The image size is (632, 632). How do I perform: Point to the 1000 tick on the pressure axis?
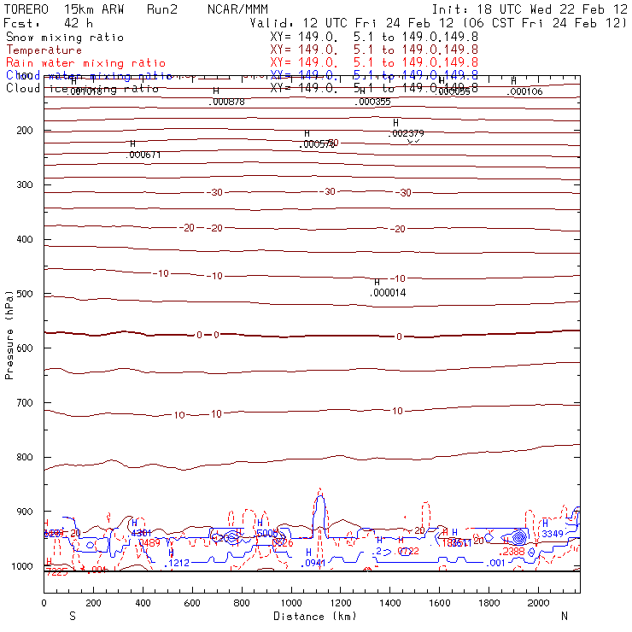pyautogui.click(x=26, y=566)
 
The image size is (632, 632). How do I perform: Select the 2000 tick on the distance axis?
pyautogui.click(x=540, y=603)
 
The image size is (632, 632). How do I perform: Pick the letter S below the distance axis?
pyautogui.click(x=72, y=616)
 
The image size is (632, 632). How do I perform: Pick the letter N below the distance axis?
pyautogui.click(x=564, y=616)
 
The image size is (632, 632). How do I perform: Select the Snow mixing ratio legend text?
pyautogui.click(x=65, y=38)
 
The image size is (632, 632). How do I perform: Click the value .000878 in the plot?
pyautogui.click(x=227, y=102)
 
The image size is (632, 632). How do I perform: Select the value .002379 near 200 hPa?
pyautogui.click(x=407, y=133)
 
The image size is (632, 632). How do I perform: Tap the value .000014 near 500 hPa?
pyautogui.click(x=388, y=293)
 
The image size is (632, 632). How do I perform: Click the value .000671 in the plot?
pyautogui.click(x=143, y=155)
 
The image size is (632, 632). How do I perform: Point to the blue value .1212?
pyautogui.click(x=178, y=563)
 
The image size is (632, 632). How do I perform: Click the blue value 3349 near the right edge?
pyautogui.click(x=553, y=534)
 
